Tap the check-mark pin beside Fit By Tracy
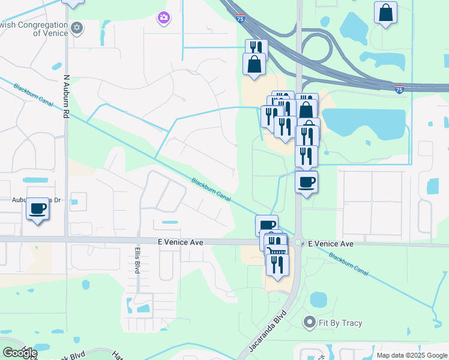pyautogui.click(x=310, y=323)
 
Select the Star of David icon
pyautogui.click(x=77, y=28)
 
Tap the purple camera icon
pyautogui.click(x=163, y=19)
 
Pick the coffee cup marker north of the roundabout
pyautogui.click(x=307, y=182)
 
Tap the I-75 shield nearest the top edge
pyautogui.click(x=241, y=19)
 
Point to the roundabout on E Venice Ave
pyautogui.click(x=298, y=242)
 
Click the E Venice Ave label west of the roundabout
pyautogui.click(x=181, y=242)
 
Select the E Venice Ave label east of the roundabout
pyautogui.click(x=331, y=244)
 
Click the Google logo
pyautogui.click(x=20, y=353)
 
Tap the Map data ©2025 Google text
pyautogui.click(x=411, y=355)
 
